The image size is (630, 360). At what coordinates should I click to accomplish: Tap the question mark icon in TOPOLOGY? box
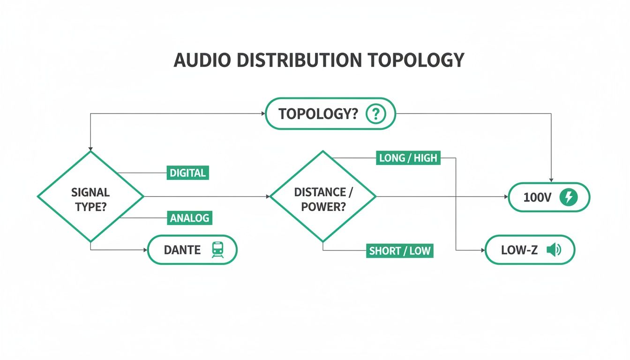(x=375, y=113)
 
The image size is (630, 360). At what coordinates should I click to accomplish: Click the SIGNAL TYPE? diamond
(x=90, y=197)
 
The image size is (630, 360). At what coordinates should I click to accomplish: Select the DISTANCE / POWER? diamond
(x=323, y=197)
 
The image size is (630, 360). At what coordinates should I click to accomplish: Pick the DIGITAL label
(x=187, y=173)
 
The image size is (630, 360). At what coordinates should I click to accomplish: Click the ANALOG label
(x=189, y=218)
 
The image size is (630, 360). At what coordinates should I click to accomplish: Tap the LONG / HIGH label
(x=408, y=158)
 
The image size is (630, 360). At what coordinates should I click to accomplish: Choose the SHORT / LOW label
(x=399, y=251)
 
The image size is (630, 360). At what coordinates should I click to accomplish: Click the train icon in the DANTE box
(x=218, y=249)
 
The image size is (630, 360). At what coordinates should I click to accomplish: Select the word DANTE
(x=182, y=250)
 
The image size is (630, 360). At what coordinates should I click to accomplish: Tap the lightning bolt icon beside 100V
(x=569, y=197)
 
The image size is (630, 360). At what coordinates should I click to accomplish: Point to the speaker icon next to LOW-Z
(x=553, y=250)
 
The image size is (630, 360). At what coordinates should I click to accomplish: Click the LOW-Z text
(x=519, y=250)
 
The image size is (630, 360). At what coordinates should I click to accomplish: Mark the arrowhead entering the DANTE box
(x=145, y=250)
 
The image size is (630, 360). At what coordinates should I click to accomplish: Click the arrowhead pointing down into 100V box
(x=551, y=180)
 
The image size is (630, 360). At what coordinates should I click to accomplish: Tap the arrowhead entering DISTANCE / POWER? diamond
(x=268, y=196)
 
